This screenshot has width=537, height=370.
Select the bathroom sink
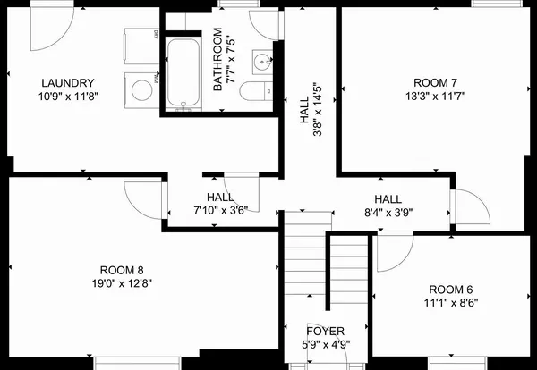[260, 62]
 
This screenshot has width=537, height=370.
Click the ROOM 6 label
[450, 289]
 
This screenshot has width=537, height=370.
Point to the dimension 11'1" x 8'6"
[450, 302]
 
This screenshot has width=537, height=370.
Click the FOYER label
[326, 330]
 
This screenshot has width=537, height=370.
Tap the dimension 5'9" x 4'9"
[326, 343]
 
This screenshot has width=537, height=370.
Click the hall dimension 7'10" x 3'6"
[220, 210]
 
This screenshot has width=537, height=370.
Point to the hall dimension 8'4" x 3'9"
[388, 213]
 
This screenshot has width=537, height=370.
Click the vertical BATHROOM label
[217, 60]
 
